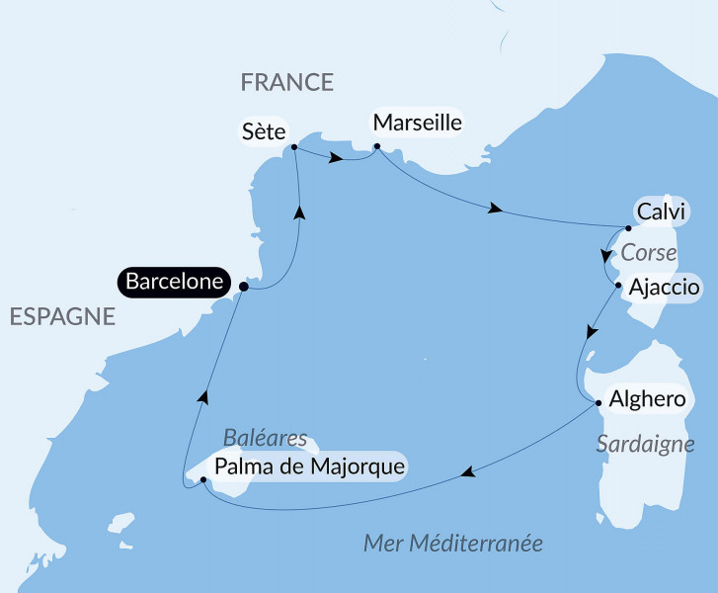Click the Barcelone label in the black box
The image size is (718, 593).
point(174,282)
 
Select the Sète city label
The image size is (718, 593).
point(264,130)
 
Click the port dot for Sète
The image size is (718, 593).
point(294,148)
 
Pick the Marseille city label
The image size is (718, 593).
point(416,124)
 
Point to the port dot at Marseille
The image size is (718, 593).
point(376,148)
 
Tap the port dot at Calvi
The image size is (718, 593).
point(629,227)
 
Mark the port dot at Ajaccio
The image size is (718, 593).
point(618,287)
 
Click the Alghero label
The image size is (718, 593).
point(647,399)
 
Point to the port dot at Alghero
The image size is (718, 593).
point(598,402)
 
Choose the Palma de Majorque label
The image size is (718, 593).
point(309,466)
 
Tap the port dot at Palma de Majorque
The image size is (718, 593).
point(202,479)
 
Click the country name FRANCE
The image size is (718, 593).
point(287,82)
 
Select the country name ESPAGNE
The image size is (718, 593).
point(62,316)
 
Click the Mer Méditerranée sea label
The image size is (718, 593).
point(453,544)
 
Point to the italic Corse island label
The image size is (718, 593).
point(648,253)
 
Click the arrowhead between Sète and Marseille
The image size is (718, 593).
point(338,158)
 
